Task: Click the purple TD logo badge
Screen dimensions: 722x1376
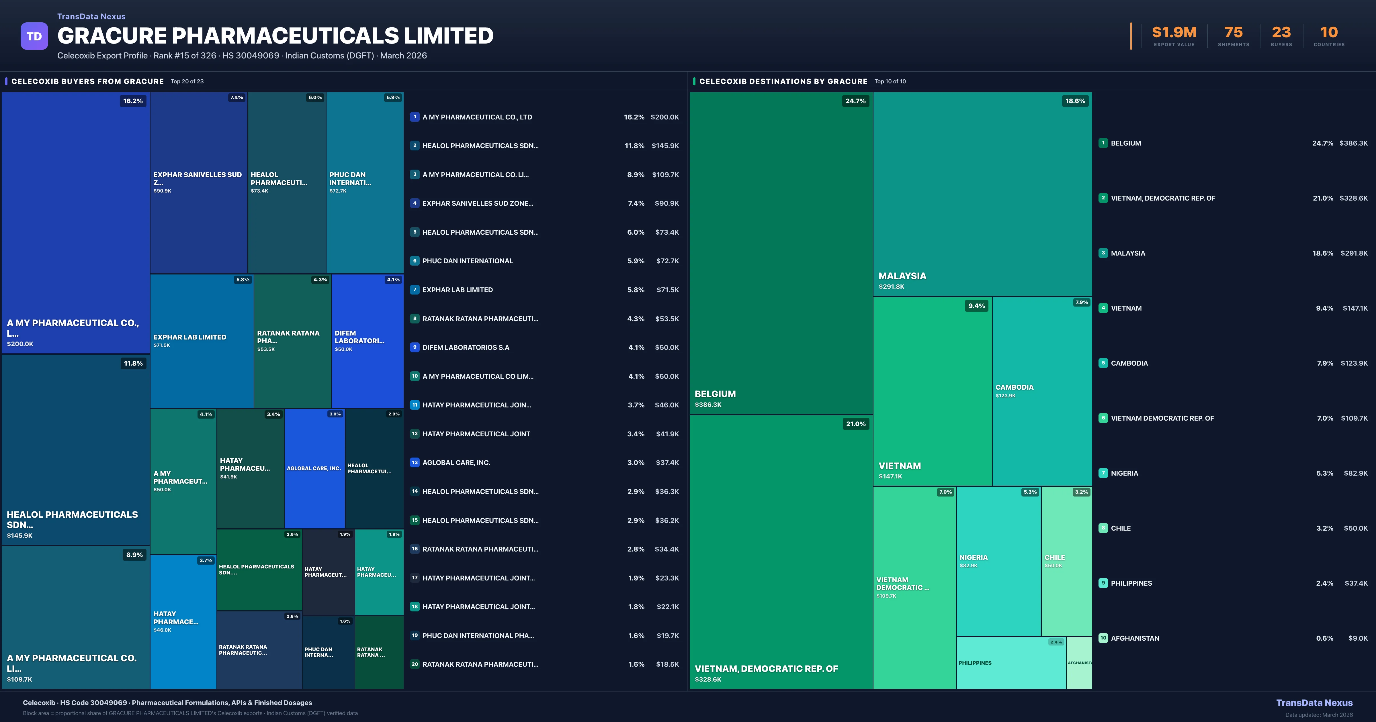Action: tap(34, 36)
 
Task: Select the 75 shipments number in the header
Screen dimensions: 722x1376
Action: tap(1233, 33)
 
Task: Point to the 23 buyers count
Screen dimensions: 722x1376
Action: tap(1281, 33)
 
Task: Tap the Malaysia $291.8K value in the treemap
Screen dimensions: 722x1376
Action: tap(892, 287)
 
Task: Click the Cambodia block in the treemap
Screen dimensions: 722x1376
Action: tap(1042, 391)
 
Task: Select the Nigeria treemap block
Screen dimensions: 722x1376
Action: tap(998, 561)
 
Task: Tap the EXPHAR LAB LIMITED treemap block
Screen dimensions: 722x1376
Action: tap(201, 341)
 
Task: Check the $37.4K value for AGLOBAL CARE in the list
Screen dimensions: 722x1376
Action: tap(667, 462)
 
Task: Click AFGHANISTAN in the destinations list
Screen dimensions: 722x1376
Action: tap(1135, 638)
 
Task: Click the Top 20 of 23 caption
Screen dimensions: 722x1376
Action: tap(187, 82)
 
